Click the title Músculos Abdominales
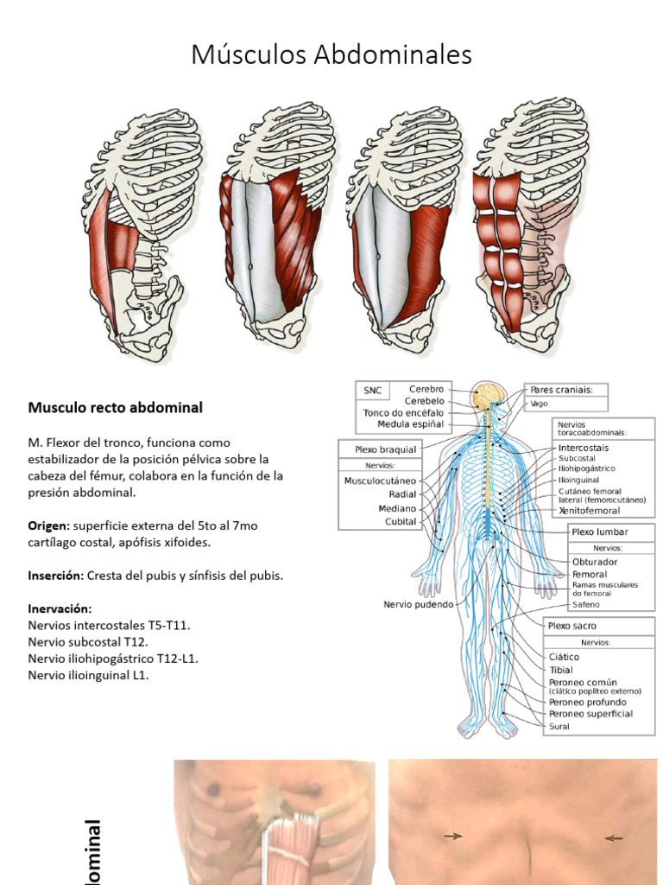pyautogui.click(x=331, y=55)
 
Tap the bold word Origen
pyautogui.click(x=48, y=525)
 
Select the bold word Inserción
pyautogui.click(x=55, y=575)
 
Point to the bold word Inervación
pyautogui.click(x=60, y=608)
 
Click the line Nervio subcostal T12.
pyautogui.click(x=88, y=642)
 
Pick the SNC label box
pyautogui.click(x=372, y=391)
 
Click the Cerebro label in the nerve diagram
pyautogui.click(x=426, y=390)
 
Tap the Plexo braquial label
pyautogui.click(x=385, y=449)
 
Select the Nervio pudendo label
pyautogui.click(x=418, y=605)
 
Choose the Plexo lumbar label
pyautogui.click(x=599, y=532)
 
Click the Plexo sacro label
pyautogui.click(x=572, y=626)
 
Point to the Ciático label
pyautogui.click(x=565, y=657)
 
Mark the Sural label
pyautogui.click(x=559, y=727)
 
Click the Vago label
pyautogui.click(x=539, y=403)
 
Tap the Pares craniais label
pyautogui.click(x=561, y=390)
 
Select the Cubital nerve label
pyautogui.click(x=401, y=522)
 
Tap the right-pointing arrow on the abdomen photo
pyautogui.click(x=452, y=836)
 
